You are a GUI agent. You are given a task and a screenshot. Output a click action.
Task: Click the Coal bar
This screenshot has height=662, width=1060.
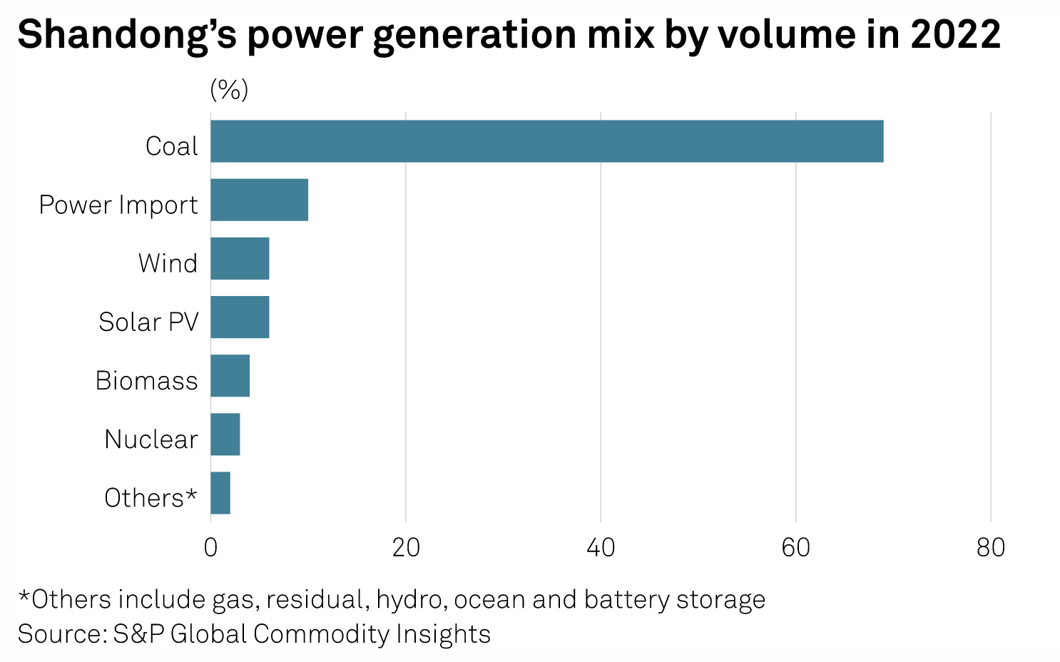[x=546, y=141]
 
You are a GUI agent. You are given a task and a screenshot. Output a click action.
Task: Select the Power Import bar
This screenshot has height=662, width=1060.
[x=259, y=200]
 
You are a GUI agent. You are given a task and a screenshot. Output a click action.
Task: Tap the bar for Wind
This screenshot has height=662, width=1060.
[x=240, y=258]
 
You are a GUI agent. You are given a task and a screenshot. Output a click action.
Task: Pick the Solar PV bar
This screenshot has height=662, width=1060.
[x=240, y=317]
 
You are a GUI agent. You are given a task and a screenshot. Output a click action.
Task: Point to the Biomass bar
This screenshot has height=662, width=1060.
[x=230, y=375]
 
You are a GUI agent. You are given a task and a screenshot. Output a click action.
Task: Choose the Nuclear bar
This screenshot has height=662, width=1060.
[x=225, y=434]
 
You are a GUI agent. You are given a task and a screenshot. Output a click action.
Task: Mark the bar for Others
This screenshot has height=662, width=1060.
[x=220, y=492]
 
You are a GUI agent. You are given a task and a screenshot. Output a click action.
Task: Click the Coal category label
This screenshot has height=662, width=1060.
[x=171, y=146]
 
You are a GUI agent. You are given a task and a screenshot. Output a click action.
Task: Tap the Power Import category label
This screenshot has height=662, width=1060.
[x=118, y=205]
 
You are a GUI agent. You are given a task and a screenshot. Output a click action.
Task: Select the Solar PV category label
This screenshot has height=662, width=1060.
[x=148, y=322]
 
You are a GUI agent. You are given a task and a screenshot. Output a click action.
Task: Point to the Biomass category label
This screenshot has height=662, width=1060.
[x=146, y=380]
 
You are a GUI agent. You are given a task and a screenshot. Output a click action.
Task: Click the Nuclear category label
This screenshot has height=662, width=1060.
[x=151, y=439]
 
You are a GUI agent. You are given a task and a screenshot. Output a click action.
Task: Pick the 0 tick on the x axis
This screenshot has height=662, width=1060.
[x=210, y=547]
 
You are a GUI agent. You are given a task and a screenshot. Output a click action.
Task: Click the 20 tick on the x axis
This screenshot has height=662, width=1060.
[x=405, y=547]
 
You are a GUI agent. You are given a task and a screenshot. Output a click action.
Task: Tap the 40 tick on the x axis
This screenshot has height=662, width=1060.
[x=601, y=547]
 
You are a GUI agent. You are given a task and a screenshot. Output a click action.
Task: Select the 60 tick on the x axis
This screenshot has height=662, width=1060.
[x=795, y=547]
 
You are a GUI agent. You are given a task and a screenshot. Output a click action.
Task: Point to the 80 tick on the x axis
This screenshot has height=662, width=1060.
[x=991, y=547]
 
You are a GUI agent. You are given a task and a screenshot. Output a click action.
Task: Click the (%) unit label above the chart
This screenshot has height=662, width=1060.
[x=229, y=91]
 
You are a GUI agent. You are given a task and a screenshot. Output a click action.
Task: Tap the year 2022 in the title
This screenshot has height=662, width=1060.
[x=955, y=34]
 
